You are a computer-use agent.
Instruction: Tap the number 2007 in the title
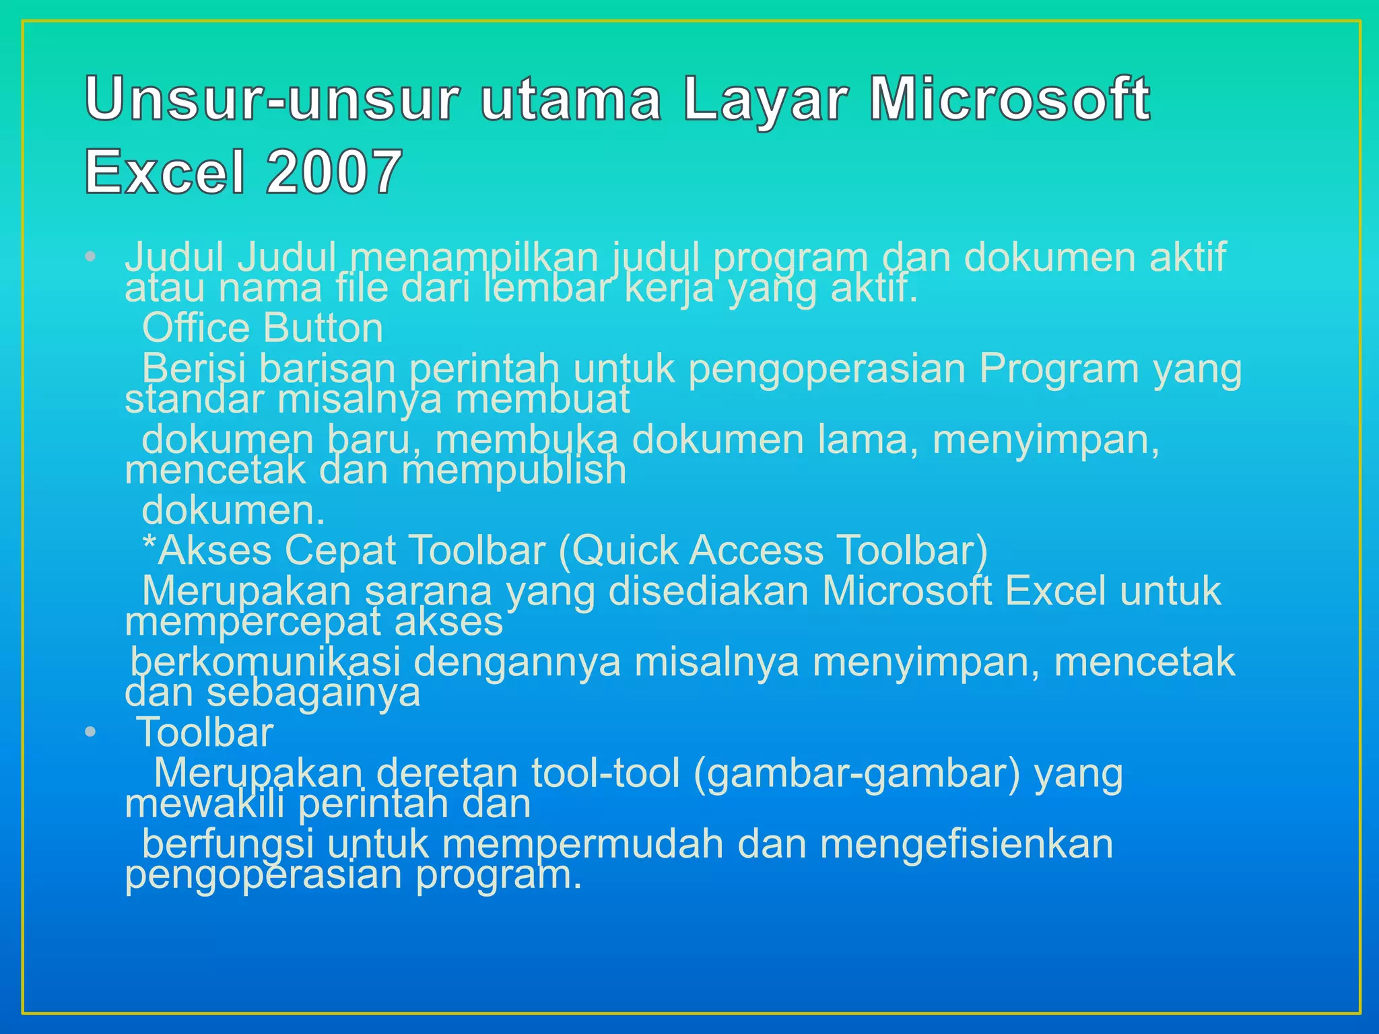point(335,172)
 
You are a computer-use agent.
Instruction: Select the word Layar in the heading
point(764,101)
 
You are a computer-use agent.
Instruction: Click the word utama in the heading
point(571,100)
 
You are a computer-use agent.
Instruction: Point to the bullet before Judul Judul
point(91,257)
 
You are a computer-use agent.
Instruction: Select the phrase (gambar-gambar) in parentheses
point(856,773)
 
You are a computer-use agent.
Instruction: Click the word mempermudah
point(582,845)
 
